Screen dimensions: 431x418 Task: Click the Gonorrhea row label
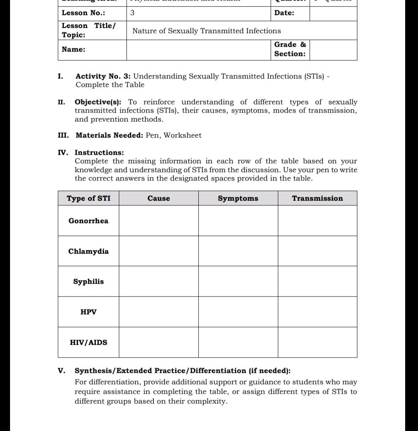pos(88,221)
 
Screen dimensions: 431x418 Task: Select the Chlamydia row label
pos(88,251)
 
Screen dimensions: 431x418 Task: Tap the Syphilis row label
pos(88,282)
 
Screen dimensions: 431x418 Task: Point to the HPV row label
pos(88,312)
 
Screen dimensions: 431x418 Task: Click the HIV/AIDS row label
pos(88,343)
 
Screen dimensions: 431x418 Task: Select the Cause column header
pos(159,198)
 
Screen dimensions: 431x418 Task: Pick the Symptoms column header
pos(238,198)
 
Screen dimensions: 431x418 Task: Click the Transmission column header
pos(317,198)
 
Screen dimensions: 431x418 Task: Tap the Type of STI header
pos(88,198)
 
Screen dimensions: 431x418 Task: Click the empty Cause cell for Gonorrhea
pos(159,221)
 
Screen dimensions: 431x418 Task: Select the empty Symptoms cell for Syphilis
pos(238,282)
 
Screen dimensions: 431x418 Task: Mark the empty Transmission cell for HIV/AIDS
pos(317,343)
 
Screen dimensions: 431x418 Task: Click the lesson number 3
pos(133,13)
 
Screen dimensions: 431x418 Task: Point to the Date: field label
pos(284,13)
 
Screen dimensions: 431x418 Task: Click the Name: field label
pos(73,49)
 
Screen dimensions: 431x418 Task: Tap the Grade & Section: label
pos(290,49)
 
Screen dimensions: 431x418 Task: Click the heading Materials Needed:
pos(109,135)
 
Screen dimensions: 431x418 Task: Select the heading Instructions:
pos(99,153)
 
